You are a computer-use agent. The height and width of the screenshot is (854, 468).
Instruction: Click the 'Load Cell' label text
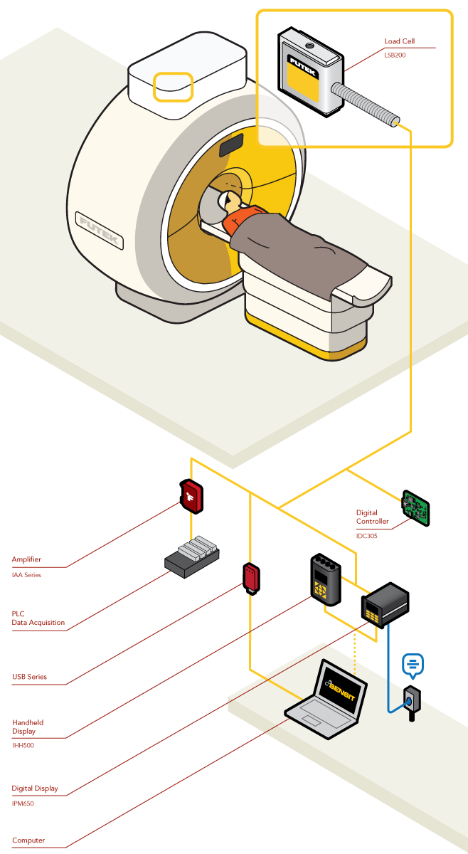point(399,42)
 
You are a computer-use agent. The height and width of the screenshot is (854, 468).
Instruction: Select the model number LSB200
point(395,55)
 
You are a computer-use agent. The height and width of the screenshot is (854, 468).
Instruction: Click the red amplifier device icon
point(191,497)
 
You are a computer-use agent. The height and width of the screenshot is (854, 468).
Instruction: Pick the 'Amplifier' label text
point(27,559)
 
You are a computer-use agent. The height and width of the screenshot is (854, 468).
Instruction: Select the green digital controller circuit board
point(416,507)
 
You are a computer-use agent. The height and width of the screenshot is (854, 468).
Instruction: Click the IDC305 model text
point(367,536)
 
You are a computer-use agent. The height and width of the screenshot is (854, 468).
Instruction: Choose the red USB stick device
point(250,578)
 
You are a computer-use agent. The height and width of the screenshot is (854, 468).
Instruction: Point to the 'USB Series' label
point(29,677)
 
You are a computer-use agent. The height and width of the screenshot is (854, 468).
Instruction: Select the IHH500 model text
point(23,745)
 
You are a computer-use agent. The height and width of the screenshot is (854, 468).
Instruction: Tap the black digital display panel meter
point(384,605)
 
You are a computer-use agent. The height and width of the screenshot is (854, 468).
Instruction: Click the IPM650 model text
point(23,803)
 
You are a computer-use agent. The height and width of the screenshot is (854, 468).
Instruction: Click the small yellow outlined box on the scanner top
point(174,87)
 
